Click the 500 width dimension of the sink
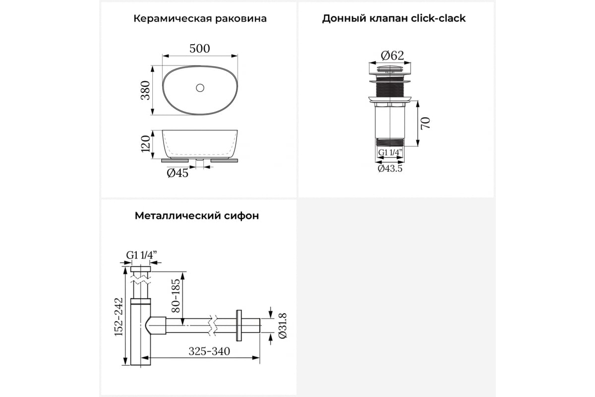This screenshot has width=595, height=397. (x=199, y=49)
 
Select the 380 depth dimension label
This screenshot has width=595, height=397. (x=146, y=90)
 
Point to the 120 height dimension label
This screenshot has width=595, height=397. (x=146, y=144)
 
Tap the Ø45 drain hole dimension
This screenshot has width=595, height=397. (x=178, y=173)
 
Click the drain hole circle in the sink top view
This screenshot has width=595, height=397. (x=200, y=88)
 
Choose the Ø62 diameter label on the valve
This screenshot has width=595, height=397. (x=392, y=56)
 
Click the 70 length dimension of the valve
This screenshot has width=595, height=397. (x=425, y=123)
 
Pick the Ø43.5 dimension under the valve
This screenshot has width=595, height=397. (x=390, y=169)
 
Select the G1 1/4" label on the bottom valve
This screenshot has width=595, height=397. (x=390, y=152)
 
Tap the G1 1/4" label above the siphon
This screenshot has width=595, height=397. (x=141, y=255)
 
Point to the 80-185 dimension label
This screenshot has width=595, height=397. (x=176, y=295)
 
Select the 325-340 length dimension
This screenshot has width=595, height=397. (x=209, y=351)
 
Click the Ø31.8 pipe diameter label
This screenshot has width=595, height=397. (x=283, y=326)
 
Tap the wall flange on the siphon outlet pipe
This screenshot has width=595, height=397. (x=238, y=326)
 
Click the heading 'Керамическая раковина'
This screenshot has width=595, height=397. (x=200, y=19)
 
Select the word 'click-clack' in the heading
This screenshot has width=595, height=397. (x=438, y=18)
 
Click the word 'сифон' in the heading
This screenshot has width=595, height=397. (x=241, y=216)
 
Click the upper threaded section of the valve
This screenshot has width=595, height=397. (x=390, y=89)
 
